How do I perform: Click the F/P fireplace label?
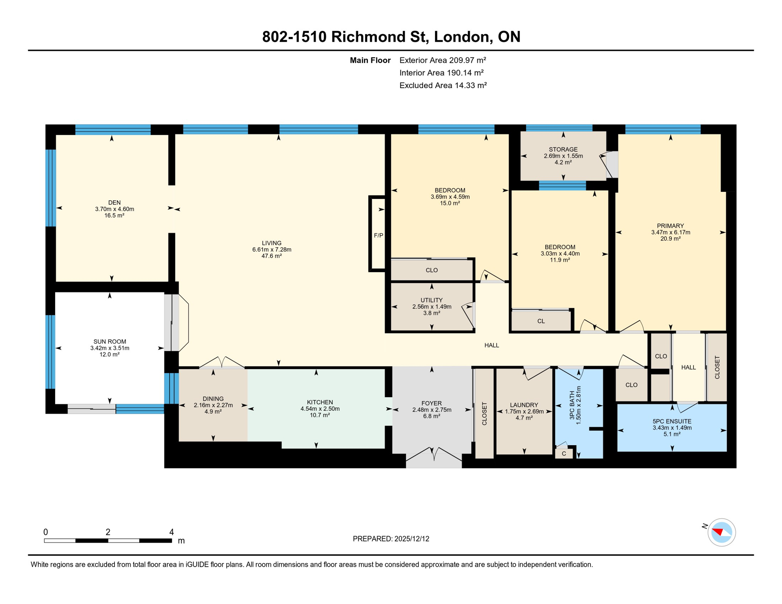click(x=378, y=236)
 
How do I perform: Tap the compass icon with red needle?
click(x=721, y=532)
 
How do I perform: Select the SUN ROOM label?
click(x=110, y=341)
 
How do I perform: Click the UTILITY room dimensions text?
click(x=432, y=307)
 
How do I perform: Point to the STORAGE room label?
click(x=563, y=149)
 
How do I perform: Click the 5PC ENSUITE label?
click(x=671, y=421)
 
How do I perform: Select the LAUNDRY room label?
click(x=524, y=405)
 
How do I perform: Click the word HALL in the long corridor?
click(x=491, y=345)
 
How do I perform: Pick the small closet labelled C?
click(x=564, y=454)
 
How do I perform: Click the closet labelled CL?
click(x=541, y=321)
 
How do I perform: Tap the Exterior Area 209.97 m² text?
click(x=443, y=60)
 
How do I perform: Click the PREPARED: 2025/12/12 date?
click(x=391, y=539)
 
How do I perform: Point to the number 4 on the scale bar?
click(x=172, y=532)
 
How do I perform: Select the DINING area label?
click(x=213, y=399)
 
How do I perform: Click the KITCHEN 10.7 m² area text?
click(x=319, y=415)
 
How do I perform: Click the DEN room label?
click(x=114, y=203)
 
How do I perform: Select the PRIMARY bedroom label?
click(x=670, y=226)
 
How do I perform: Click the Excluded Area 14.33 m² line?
click(x=443, y=85)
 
